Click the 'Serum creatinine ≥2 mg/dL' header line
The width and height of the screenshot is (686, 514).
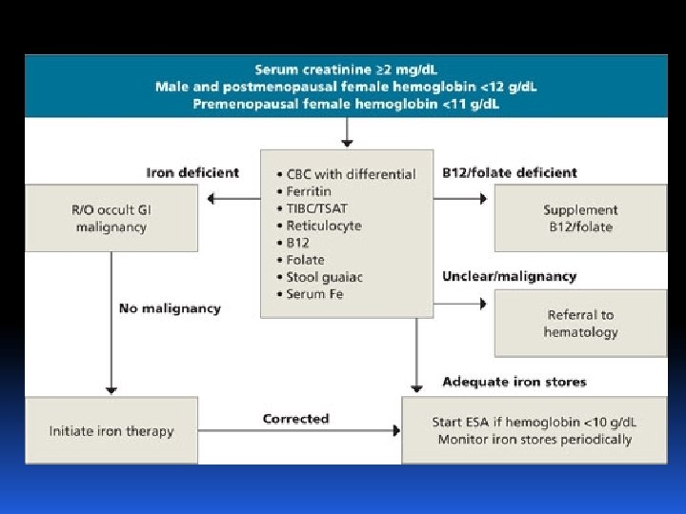point(346,69)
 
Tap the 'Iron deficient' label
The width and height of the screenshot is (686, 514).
point(192,173)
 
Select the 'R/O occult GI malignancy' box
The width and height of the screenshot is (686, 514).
point(111,218)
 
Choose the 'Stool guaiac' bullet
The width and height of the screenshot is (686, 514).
point(324,277)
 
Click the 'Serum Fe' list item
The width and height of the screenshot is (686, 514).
point(314,294)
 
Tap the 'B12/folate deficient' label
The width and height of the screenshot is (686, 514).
point(510,173)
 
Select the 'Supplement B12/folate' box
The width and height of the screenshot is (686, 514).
point(579,218)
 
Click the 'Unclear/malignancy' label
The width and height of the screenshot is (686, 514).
point(509,277)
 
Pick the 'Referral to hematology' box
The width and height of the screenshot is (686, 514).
point(580,323)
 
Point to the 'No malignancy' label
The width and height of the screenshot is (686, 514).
point(170,308)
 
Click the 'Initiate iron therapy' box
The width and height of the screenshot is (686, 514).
point(111,431)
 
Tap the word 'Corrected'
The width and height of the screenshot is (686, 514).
point(295,419)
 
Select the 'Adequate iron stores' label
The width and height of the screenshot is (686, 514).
point(514,382)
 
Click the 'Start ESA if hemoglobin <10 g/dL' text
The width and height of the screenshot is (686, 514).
point(535,423)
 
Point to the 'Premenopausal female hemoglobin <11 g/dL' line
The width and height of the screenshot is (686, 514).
point(346,102)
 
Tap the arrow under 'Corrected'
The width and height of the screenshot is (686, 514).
point(299,431)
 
